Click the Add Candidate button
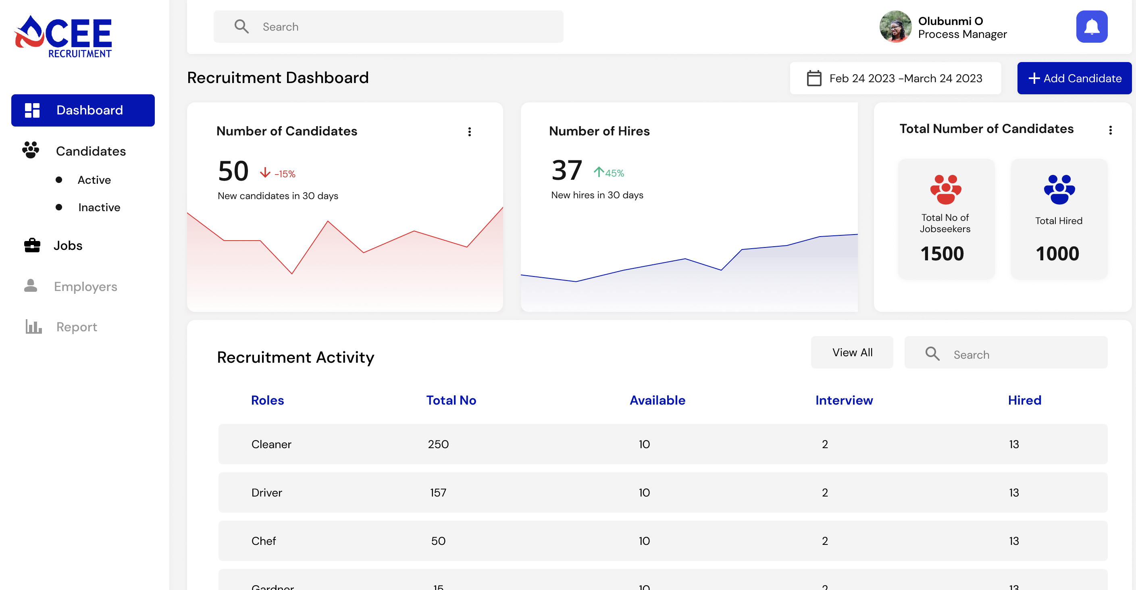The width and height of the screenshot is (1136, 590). point(1074,78)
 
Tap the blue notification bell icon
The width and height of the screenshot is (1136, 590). point(1092,27)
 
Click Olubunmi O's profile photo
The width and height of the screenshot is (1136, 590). point(895,27)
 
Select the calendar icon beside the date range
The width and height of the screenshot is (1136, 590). point(814,79)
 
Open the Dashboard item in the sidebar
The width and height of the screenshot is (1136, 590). point(83,110)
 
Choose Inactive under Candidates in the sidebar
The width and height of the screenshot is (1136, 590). point(99,207)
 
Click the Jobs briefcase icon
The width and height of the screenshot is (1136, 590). point(32,245)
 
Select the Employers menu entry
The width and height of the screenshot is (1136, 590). point(85,287)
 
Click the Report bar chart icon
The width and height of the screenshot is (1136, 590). point(33,327)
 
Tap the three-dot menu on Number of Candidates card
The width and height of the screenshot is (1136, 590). point(469,131)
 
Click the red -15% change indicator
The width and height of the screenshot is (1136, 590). point(278,174)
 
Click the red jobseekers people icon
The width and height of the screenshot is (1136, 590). point(945,189)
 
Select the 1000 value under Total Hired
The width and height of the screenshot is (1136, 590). point(1057,253)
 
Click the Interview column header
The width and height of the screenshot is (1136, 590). point(844,400)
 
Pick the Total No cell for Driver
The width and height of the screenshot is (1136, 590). point(438,492)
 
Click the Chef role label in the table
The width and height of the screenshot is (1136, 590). point(263,541)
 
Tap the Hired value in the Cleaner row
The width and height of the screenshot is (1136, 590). point(1014,444)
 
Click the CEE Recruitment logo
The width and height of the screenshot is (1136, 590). point(64,37)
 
